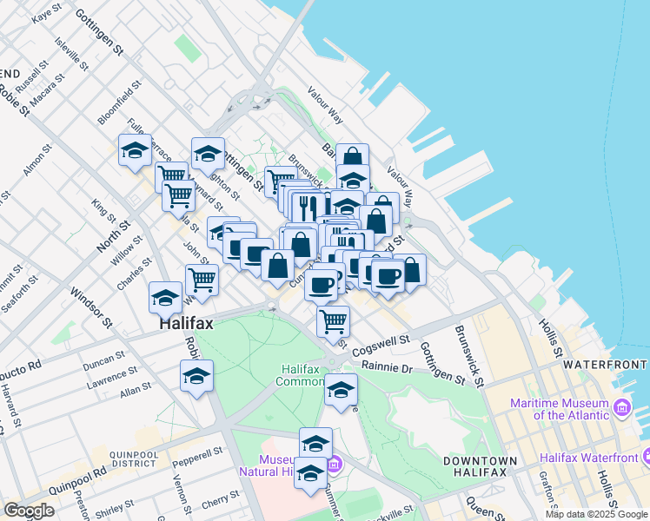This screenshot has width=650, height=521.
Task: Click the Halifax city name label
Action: (186, 323)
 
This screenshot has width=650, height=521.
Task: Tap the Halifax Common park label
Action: (299, 375)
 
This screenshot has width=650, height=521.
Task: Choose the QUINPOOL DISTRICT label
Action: (133, 459)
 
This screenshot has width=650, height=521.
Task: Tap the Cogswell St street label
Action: (379, 343)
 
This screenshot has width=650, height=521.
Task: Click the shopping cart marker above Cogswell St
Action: (333, 321)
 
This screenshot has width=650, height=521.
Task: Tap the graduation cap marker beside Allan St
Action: (196, 377)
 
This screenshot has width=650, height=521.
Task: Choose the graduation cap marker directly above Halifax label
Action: (165, 298)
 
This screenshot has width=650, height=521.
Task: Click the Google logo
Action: (29, 511)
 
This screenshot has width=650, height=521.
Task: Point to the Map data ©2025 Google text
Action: (595, 514)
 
